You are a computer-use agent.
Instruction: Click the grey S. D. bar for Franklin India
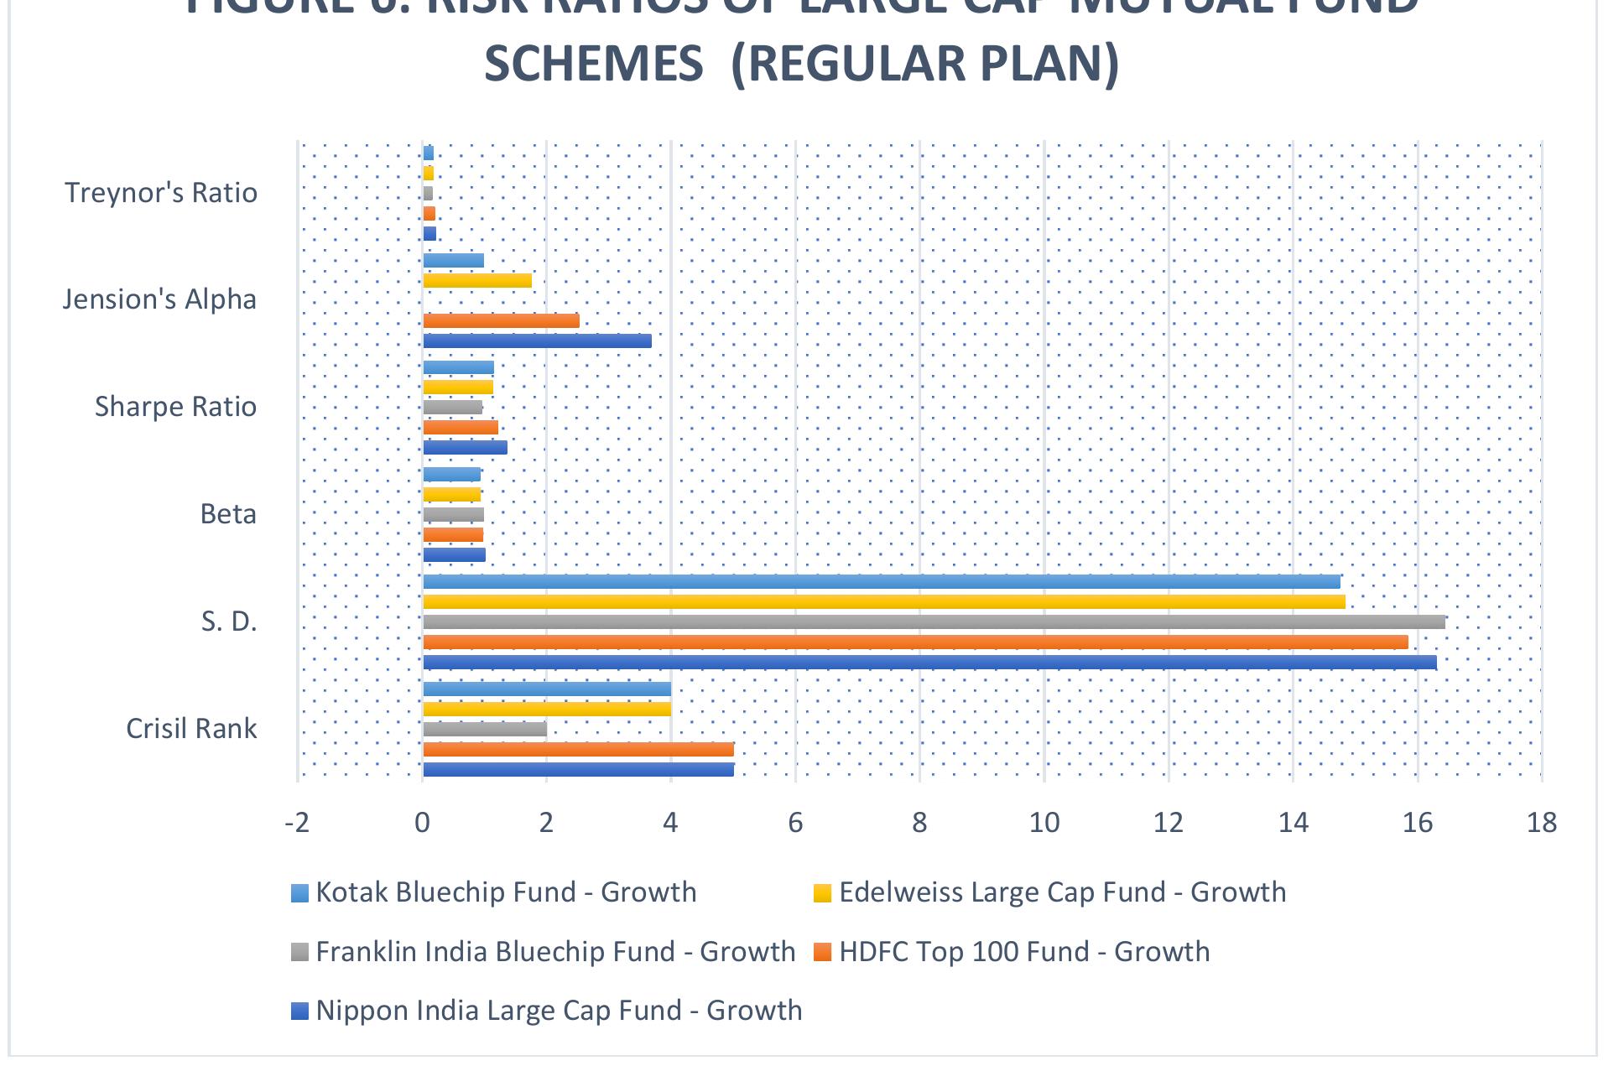pos(933,622)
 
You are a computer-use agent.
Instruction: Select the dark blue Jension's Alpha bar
pos(537,341)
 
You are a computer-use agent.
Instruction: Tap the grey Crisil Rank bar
pos(485,730)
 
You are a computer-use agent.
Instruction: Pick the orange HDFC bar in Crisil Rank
pos(578,750)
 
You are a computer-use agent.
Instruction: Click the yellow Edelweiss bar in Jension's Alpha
pos(477,281)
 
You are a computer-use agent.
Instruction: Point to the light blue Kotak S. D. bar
pos(881,582)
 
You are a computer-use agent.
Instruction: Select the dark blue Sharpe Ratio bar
pos(465,448)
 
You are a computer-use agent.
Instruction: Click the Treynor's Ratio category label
pos(161,193)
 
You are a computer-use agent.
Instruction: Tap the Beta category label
pos(228,513)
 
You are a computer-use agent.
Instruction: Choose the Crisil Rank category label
pos(191,728)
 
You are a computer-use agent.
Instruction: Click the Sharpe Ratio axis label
pos(175,407)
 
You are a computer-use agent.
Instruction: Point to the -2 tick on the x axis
pos(297,823)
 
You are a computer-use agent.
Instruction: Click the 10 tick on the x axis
pos(1044,823)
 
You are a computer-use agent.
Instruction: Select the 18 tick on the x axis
pos(1542,823)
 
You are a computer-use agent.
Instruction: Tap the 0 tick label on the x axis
pos(422,823)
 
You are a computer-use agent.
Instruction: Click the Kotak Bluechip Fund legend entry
pos(506,892)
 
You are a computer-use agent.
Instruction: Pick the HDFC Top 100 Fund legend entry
pos(1023,952)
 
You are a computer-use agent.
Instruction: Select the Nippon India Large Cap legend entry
pos(559,1010)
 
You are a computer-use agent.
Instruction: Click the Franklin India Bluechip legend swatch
pos(300,953)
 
